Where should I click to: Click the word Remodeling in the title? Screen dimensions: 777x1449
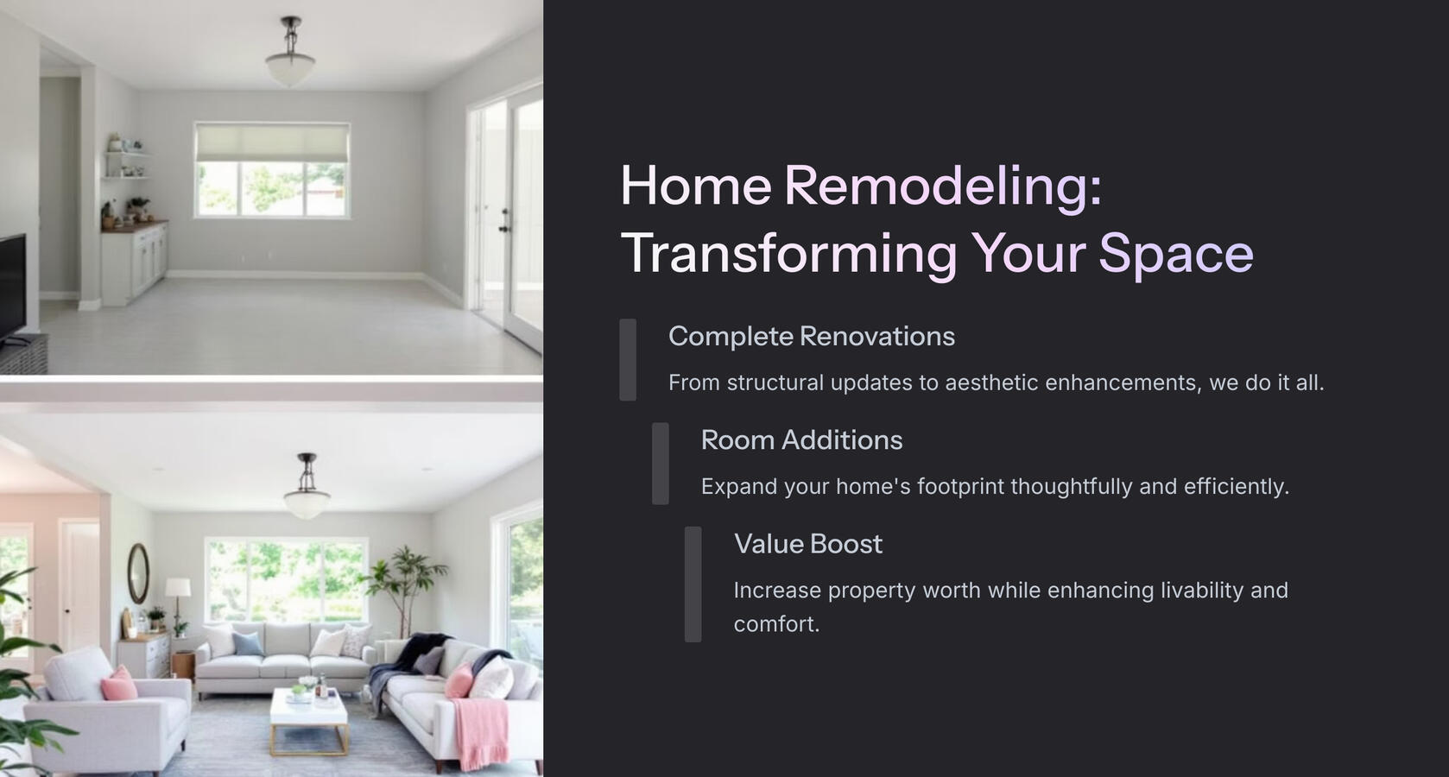point(942,186)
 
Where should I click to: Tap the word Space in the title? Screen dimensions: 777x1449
point(1175,254)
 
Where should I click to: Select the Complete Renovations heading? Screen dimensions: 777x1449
point(811,337)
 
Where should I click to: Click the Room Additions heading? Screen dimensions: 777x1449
point(801,440)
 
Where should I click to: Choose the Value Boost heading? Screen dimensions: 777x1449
point(807,544)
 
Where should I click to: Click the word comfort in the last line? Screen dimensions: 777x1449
point(775,624)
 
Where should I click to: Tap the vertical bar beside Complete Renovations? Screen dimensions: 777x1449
point(628,359)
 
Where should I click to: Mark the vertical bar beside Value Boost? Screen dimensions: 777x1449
point(693,584)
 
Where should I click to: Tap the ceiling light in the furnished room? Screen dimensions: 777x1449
point(307,496)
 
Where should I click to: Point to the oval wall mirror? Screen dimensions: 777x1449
point(138,572)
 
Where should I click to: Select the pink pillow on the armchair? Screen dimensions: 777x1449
point(119,685)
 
